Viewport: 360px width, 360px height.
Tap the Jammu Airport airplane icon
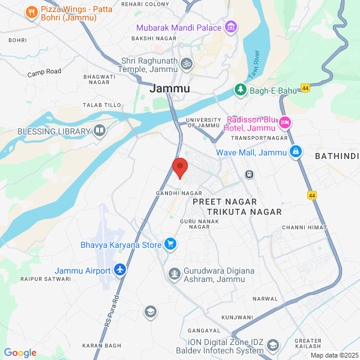120,270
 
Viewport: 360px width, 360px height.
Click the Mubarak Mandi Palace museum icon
230,28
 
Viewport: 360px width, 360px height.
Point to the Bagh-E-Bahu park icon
241,90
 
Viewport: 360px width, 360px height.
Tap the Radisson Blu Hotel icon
285,122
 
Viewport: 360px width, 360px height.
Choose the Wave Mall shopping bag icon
295,152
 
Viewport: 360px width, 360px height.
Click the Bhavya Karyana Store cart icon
171,244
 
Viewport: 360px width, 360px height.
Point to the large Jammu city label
169,88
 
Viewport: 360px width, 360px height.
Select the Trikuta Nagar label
236,212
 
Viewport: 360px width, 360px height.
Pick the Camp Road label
44,72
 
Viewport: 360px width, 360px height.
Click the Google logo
20,353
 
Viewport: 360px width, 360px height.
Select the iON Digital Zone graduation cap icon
273,345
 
